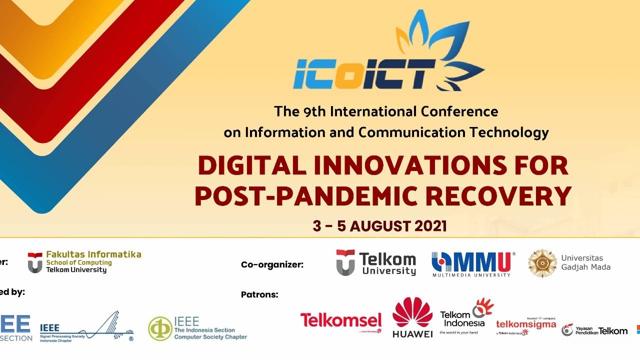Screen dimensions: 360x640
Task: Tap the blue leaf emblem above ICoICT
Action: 440,47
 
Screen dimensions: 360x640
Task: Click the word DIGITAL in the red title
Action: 252,166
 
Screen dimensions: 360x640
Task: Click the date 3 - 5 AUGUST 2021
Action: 379,226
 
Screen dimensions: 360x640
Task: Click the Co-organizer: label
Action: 272,265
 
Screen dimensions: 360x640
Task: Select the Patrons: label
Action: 259,295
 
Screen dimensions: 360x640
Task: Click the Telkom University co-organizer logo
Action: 376,263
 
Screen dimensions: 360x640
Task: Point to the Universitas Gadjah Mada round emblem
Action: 542,263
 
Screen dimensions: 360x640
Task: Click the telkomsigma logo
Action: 526,325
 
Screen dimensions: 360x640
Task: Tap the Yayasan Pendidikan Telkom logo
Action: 594,330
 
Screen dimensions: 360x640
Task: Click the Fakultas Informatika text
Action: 93,254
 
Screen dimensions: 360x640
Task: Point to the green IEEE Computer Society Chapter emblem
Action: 160,328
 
